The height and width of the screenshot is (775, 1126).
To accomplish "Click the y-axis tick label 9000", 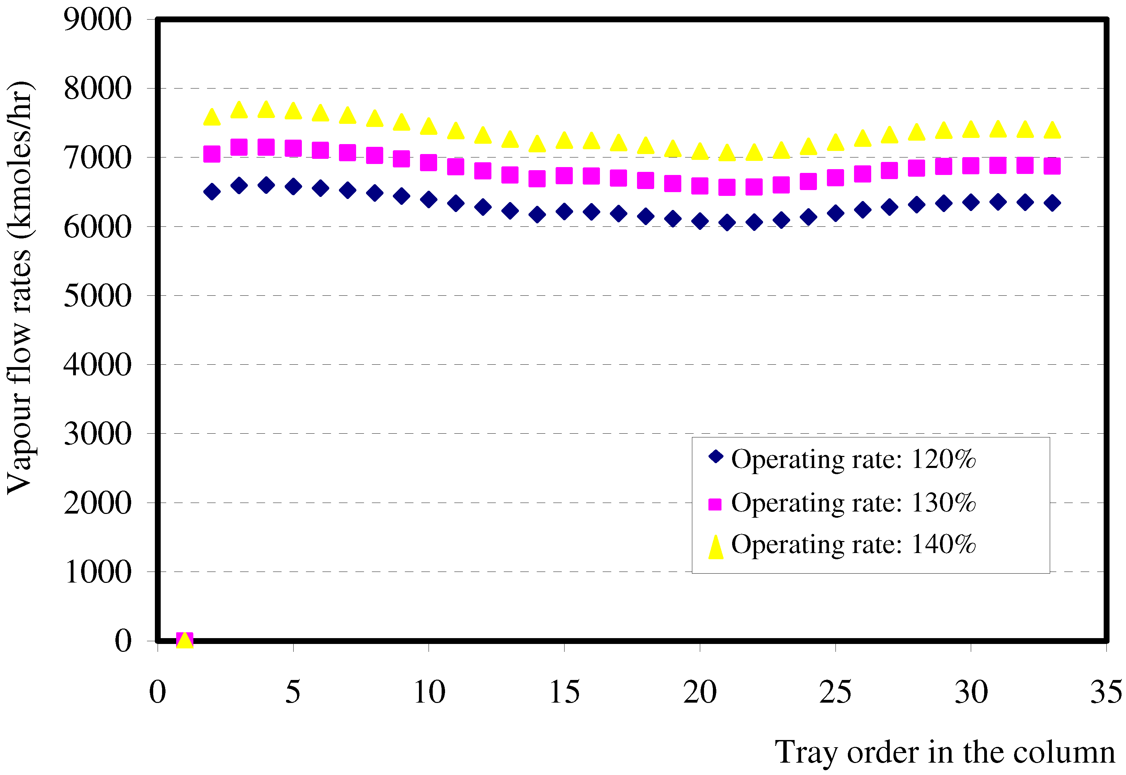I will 97,20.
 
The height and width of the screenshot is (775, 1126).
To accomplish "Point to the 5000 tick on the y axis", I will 97,295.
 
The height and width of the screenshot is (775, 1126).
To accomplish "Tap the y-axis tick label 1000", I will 97,572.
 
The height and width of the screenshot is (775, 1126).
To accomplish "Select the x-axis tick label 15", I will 564,692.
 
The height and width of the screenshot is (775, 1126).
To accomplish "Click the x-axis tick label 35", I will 1106,692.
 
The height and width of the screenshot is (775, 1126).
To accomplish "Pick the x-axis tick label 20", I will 700,692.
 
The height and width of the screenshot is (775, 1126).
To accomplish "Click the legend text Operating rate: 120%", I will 853,459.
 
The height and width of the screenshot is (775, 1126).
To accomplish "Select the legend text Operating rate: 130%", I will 853,503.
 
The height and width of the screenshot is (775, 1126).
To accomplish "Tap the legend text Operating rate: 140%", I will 853,544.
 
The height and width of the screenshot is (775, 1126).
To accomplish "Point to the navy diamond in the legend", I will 715,456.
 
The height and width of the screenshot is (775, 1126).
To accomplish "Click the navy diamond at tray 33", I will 1052,203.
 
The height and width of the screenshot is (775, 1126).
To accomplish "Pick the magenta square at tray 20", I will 700,186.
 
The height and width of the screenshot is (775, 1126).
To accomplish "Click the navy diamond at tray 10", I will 429,200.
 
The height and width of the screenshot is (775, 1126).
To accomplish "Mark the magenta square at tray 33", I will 1052,166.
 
